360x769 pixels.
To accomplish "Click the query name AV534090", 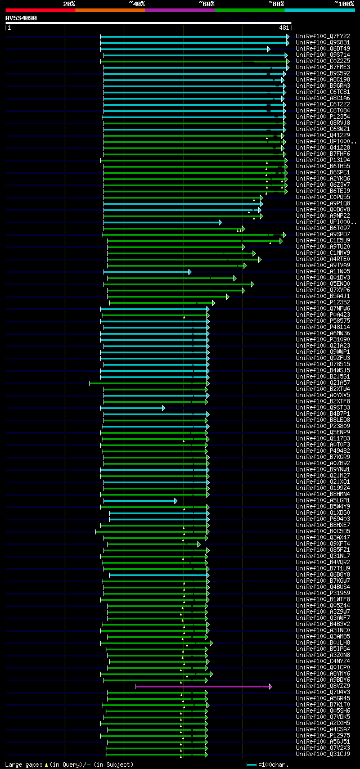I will (21, 18).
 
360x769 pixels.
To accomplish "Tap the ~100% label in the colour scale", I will (344, 3).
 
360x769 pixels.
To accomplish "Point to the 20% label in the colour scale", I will (69, 3).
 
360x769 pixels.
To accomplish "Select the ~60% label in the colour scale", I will (206, 3).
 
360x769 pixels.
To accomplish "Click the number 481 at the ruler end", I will (283, 28).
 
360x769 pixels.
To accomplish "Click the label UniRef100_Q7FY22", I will (323, 36).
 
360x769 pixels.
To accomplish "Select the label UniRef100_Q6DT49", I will (323, 48).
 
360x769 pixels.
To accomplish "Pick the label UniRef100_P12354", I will (323, 116).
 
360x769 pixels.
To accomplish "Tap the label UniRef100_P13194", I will (323, 160).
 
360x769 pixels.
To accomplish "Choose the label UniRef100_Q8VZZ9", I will (323, 686).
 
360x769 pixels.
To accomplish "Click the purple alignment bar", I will (202, 686).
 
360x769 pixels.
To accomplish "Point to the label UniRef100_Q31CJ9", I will (323, 754).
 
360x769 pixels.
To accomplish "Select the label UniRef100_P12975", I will (323, 736).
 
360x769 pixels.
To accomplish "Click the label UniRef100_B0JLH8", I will (323, 643).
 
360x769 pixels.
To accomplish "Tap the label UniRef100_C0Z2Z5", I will (323, 61).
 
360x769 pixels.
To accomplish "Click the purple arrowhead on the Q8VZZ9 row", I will (271, 686).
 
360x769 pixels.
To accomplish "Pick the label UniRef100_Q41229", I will (323, 135).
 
